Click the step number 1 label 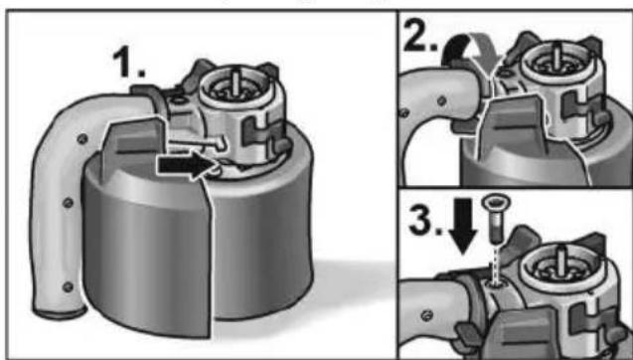tap(128, 62)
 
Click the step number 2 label tap(421, 36)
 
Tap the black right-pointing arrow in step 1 tap(186, 165)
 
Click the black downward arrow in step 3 tap(463, 227)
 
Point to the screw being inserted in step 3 tap(496, 218)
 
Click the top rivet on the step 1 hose tap(82, 138)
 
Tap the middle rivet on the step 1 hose tap(68, 202)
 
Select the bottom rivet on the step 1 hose tap(68, 286)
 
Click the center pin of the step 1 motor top tap(236, 82)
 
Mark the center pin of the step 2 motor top tap(557, 54)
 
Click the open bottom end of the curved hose tap(60, 312)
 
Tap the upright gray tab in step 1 tap(133, 146)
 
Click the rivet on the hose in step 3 tap(426, 315)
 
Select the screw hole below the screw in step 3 tap(493, 284)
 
